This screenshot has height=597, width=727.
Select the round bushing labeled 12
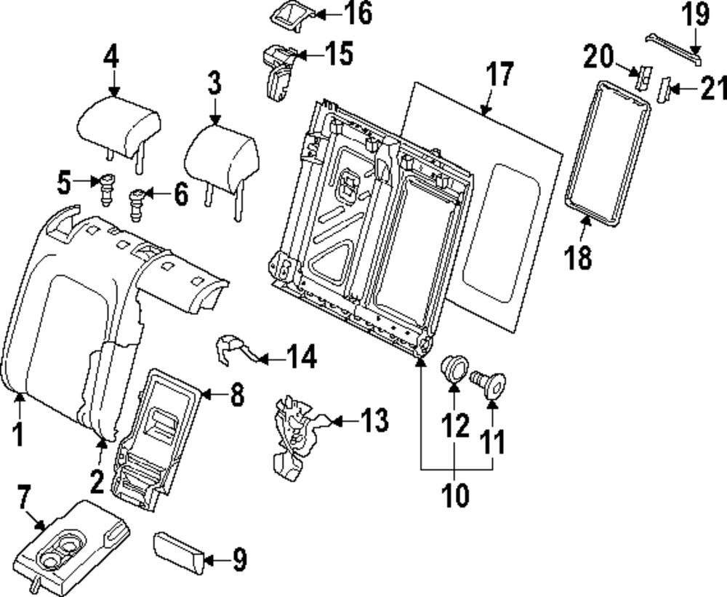click(x=454, y=367)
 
